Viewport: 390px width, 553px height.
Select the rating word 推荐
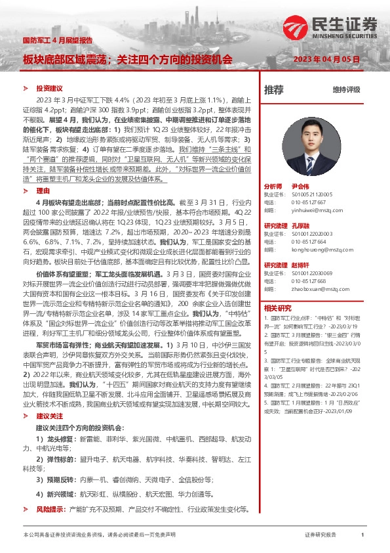coord(274,89)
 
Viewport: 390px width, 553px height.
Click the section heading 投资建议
coord(49,88)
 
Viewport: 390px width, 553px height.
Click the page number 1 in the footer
coord(362,535)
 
